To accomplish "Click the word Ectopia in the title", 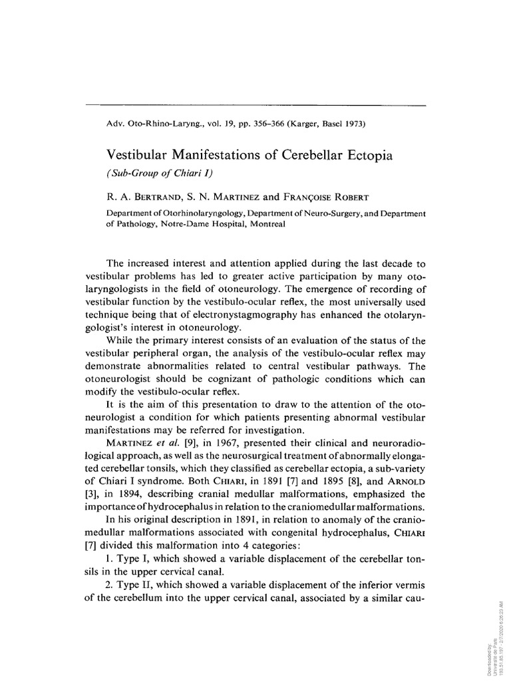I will click(368, 156).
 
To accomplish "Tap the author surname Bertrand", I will click(164, 197).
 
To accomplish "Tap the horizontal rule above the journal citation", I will click(255, 105).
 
